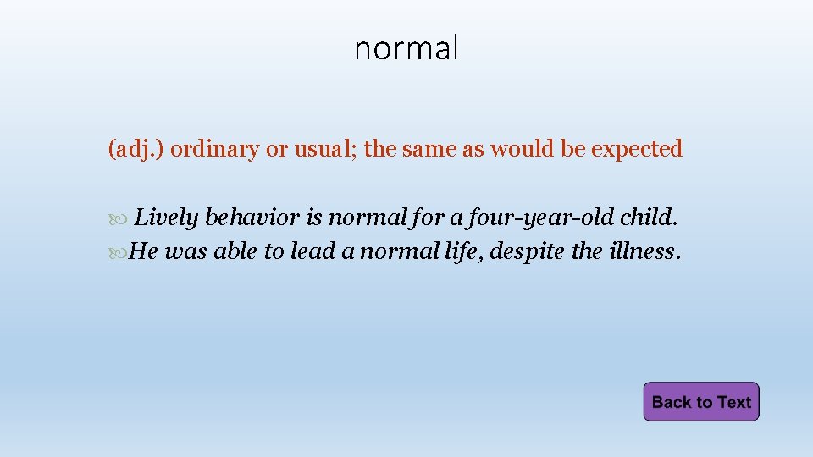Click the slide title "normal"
[x=406, y=48]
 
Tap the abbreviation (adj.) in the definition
[x=136, y=150]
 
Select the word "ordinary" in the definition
[x=215, y=150]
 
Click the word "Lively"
[x=167, y=218]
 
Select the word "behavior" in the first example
[x=252, y=218]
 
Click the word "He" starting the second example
[x=144, y=251]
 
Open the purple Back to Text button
[x=701, y=402]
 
